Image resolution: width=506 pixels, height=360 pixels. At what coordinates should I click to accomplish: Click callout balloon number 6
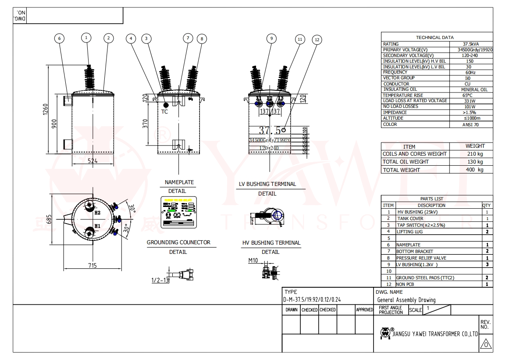(x=60, y=38)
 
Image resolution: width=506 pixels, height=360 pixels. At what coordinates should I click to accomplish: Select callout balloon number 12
(x=317, y=39)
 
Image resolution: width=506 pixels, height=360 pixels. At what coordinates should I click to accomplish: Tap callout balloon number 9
(x=271, y=38)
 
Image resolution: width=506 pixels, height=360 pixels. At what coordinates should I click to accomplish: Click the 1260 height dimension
(x=46, y=110)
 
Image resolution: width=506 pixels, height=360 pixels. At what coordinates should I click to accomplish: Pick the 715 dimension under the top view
(x=92, y=266)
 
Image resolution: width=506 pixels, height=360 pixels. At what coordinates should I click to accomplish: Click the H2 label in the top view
(x=98, y=213)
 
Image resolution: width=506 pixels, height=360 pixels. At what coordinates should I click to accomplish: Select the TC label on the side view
(x=165, y=111)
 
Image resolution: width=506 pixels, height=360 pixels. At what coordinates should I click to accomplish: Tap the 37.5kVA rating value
(x=471, y=44)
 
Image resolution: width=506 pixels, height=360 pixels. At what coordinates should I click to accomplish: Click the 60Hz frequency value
(x=470, y=72)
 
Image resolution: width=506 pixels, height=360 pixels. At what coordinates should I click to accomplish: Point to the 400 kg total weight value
(x=475, y=170)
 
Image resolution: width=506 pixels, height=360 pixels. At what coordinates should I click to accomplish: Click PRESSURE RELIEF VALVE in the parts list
(x=421, y=258)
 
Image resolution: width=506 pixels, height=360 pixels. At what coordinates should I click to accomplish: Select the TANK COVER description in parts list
(x=410, y=218)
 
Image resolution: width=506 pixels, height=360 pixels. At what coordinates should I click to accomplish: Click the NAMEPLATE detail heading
(x=179, y=182)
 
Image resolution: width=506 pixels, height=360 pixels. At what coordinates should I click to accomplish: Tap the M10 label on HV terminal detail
(x=253, y=260)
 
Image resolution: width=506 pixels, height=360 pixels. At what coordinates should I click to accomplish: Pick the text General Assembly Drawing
(x=406, y=300)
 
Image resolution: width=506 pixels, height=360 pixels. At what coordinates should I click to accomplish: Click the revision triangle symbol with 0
(x=485, y=344)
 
